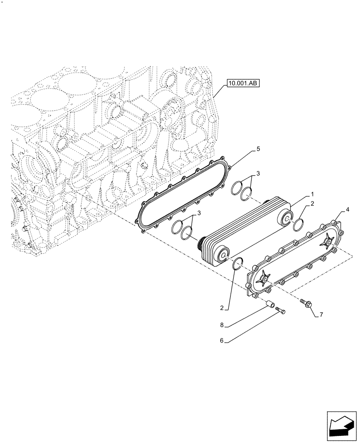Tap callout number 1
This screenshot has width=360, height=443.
tap(312, 194)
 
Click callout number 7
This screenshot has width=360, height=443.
tap(322, 315)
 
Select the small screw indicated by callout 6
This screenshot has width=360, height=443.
tap(280, 311)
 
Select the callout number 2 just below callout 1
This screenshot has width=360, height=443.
tap(312, 203)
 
